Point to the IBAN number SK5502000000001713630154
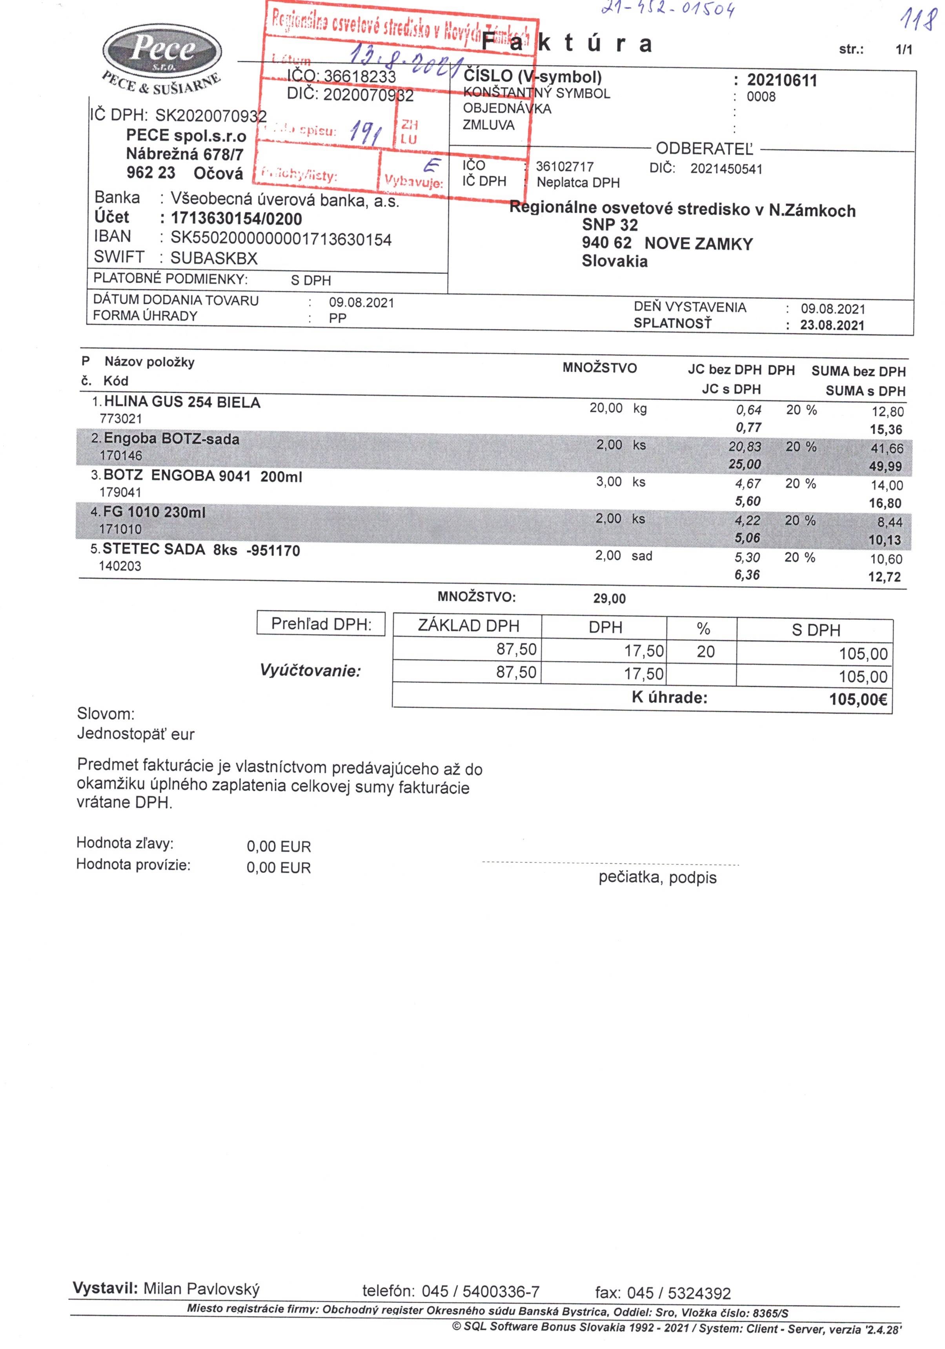(281, 239)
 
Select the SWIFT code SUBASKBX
(214, 258)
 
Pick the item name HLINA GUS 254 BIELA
(182, 402)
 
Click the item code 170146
(121, 455)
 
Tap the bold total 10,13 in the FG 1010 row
(885, 540)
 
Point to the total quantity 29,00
(610, 599)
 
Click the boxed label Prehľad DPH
(320, 624)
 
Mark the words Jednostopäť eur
(136, 734)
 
